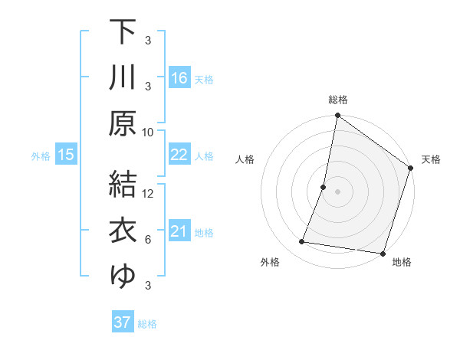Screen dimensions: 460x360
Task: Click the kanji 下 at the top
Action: point(123,31)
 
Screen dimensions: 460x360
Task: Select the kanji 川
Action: point(123,77)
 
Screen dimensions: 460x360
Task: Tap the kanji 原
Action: point(123,123)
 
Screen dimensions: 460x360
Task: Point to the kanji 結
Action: point(123,184)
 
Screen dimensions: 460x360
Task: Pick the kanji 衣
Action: point(123,230)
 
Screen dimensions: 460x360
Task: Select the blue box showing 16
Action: point(179,78)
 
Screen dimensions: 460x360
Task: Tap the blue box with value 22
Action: point(179,155)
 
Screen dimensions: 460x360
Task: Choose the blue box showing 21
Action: point(179,231)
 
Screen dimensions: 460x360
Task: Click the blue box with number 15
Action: point(65,155)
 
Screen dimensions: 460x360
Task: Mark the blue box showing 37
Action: point(123,322)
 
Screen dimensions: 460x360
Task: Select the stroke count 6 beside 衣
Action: point(148,240)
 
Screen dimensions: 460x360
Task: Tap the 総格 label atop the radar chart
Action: point(337,100)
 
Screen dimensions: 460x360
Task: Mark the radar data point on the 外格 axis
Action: point(302,242)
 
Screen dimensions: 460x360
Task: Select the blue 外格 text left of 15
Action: point(41,155)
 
